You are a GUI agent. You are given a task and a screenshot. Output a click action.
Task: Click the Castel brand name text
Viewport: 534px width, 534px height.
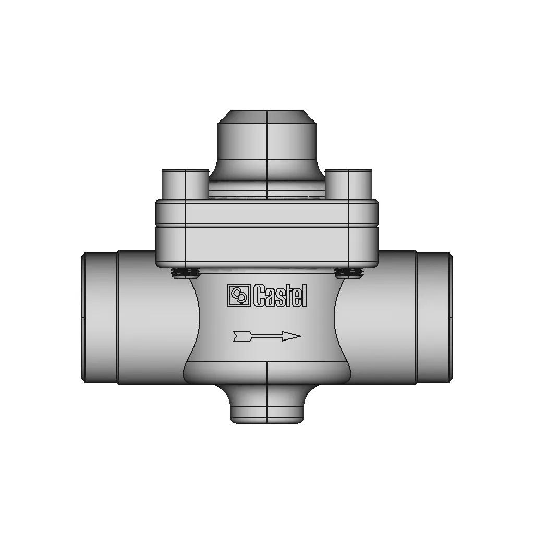[280, 296]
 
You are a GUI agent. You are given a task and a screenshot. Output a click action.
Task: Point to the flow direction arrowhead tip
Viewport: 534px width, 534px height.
[300, 336]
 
